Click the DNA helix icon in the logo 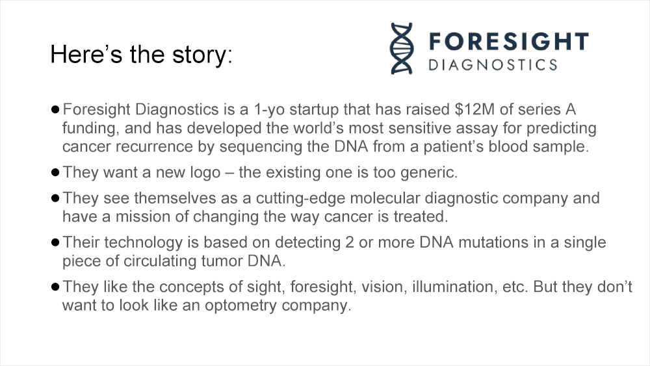[402, 49]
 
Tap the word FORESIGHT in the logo [508, 42]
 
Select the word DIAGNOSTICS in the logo [493, 64]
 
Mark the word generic [428, 173]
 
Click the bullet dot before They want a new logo [55, 172]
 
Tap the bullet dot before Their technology [55, 242]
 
